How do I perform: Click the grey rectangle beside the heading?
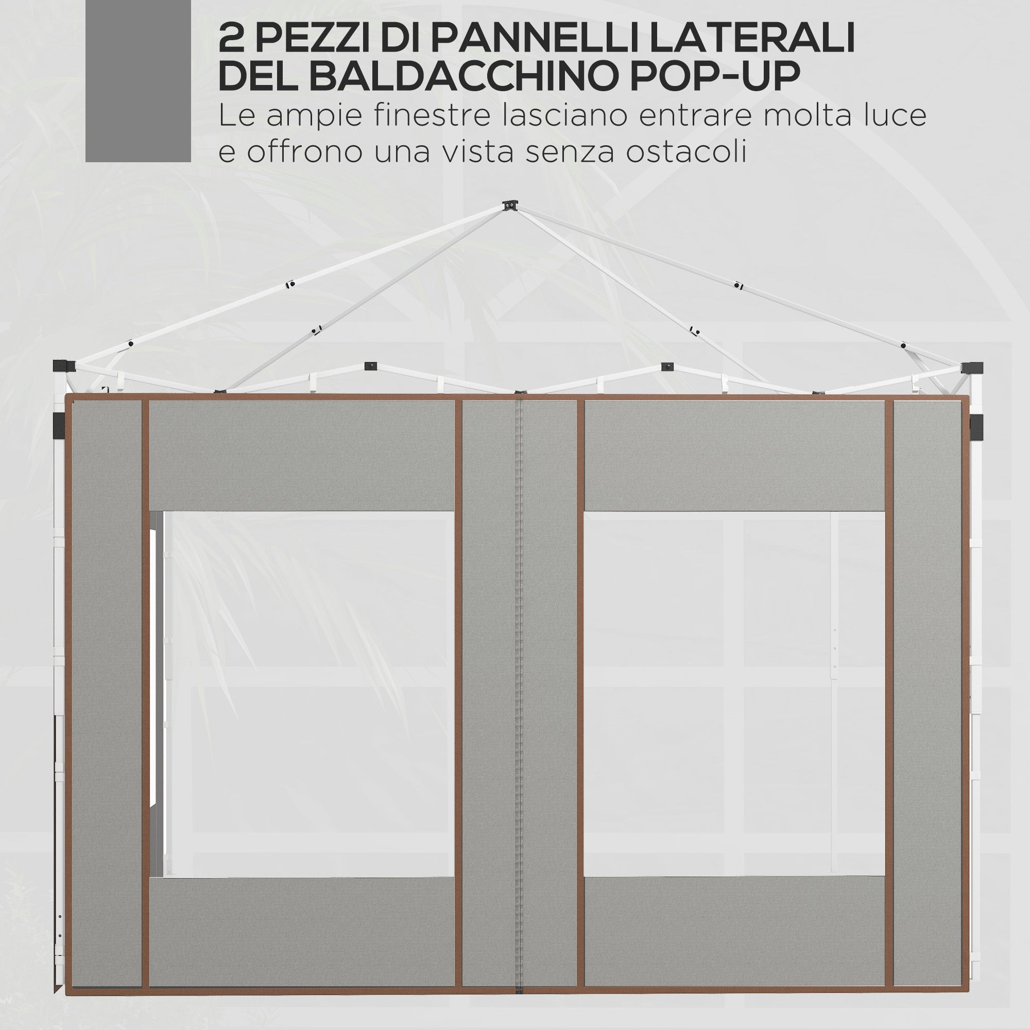[x=138, y=80]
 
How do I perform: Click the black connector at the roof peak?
[x=510, y=205]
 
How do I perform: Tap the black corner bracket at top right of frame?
[x=971, y=368]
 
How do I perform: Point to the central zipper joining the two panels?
[x=519, y=693]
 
